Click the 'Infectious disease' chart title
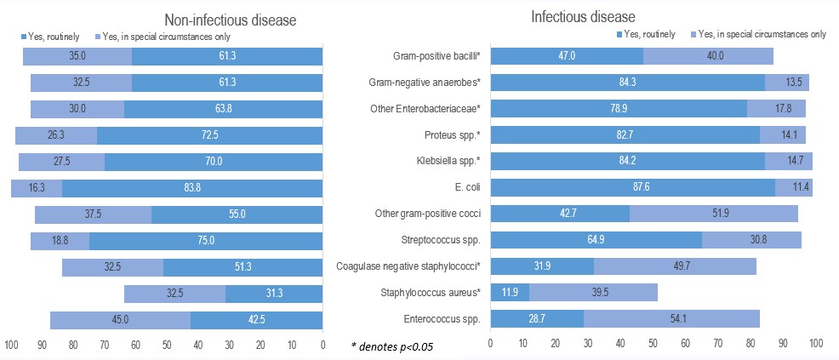click(577, 16)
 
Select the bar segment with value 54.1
click(671, 319)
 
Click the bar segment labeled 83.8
click(192, 187)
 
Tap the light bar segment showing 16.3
click(37, 187)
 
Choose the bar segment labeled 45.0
click(120, 320)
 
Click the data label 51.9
click(715, 213)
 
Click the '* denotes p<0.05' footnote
click(393, 346)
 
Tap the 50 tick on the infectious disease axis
click(653, 344)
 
